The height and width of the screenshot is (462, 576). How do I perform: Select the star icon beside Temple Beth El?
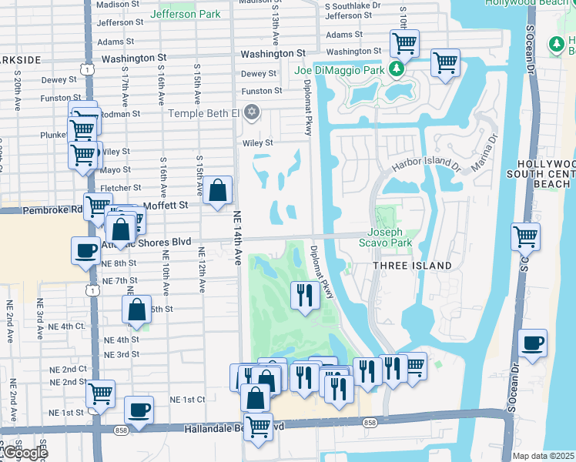tap(250, 113)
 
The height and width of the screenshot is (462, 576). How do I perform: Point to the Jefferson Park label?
tap(186, 14)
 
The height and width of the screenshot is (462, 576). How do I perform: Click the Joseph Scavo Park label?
tap(390, 236)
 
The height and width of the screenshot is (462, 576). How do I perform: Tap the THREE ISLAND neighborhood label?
tap(412, 266)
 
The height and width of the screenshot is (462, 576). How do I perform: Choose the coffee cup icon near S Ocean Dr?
tap(532, 342)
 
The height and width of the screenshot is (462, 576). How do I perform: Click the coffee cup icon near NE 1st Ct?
tap(139, 410)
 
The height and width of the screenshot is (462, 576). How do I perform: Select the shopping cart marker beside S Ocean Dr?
tap(525, 236)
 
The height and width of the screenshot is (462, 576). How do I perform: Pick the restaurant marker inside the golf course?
tap(305, 294)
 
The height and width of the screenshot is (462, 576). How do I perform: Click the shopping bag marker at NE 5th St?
tap(136, 309)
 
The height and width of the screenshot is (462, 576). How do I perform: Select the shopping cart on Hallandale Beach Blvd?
tap(259, 426)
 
